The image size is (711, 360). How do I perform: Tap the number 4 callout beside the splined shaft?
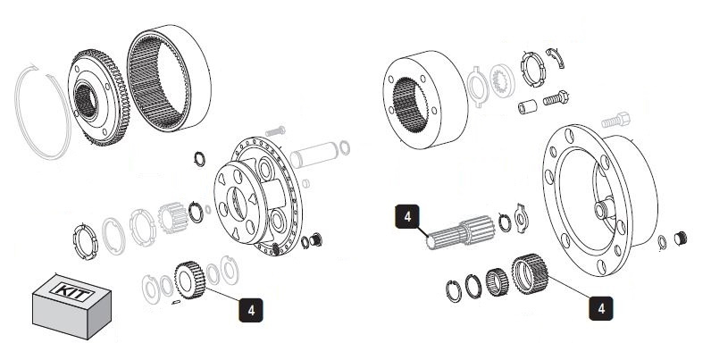(x=407, y=215)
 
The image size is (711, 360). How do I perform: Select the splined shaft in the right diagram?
(x=458, y=233)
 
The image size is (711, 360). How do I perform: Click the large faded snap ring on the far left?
(x=40, y=116)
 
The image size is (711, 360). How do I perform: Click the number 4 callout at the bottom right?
(x=600, y=307)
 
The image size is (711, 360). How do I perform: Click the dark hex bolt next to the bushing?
(x=556, y=98)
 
